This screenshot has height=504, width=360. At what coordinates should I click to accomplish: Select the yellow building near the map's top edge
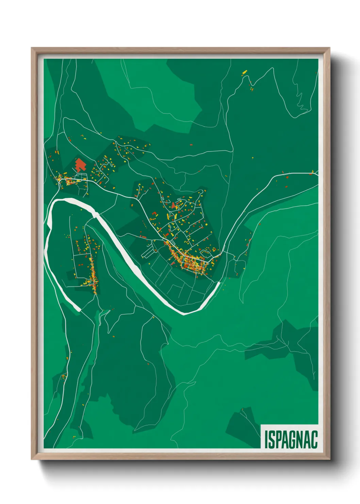[244, 73]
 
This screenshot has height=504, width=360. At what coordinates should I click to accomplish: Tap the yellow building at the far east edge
[312, 172]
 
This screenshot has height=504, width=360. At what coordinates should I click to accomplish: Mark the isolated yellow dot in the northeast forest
[253, 158]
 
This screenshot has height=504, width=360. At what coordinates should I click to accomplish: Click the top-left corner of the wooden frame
[32, 48]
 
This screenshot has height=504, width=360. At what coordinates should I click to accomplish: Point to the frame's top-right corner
[329, 48]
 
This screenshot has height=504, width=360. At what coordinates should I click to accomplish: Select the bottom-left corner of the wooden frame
[32, 459]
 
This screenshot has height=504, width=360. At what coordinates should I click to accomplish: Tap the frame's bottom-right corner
[329, 459]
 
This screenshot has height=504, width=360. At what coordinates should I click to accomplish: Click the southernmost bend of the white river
[184, 313]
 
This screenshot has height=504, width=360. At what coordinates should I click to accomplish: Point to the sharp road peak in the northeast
[273, 68]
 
